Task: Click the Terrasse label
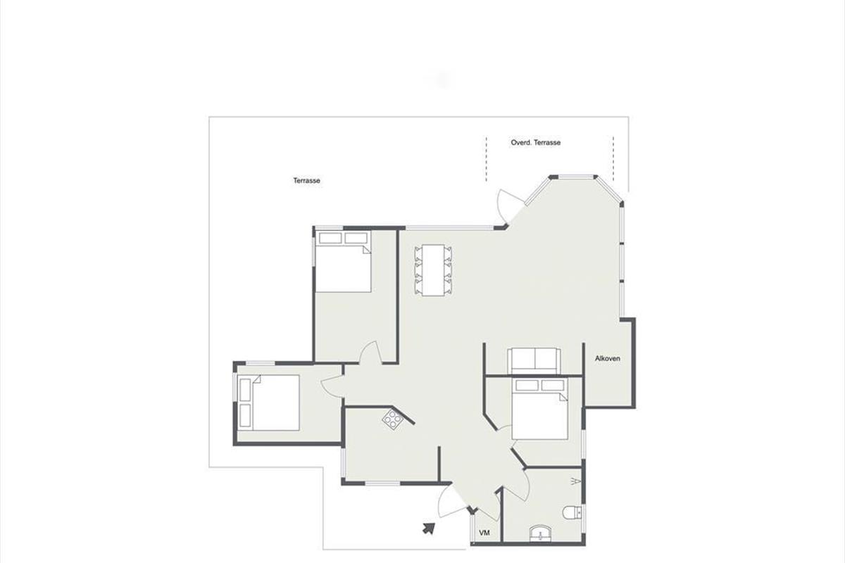tap(307, 181)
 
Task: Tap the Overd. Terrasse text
tap(536, 143)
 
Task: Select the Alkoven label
tap(607, 359)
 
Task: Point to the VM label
tap(484, 533)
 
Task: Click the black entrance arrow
tap(429, 529)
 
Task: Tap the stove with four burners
tap(393, 419)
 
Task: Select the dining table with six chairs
tap(433, 270)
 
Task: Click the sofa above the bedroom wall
tap(534, 361)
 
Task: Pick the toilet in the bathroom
tap(572, 512)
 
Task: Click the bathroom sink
tap(541, 534)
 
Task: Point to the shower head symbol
tap(576, 481)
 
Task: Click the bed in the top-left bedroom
tap(343, 262)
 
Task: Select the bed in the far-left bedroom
tap(269, 403)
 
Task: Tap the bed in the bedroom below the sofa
tap(540, 409)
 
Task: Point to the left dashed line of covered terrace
tap(487, 159)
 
